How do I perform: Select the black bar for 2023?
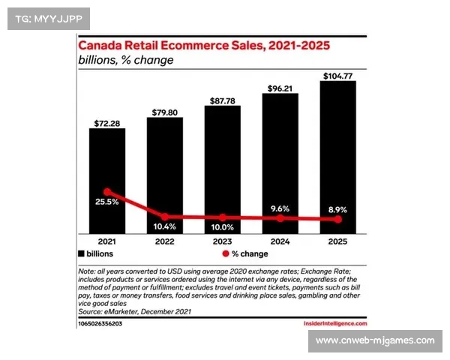(x=222, y=169)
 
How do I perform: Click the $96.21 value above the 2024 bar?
(x=280, y=88)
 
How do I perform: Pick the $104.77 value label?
(x=337, y=75)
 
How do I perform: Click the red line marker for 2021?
(x=107, y=192)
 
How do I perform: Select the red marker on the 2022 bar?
(x=165, y=217)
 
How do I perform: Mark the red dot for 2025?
(x=338, y=219)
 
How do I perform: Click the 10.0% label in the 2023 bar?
(x=222, y=226)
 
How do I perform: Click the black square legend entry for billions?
(x=81, y=255)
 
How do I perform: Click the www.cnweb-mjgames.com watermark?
(x=374, y=340)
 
